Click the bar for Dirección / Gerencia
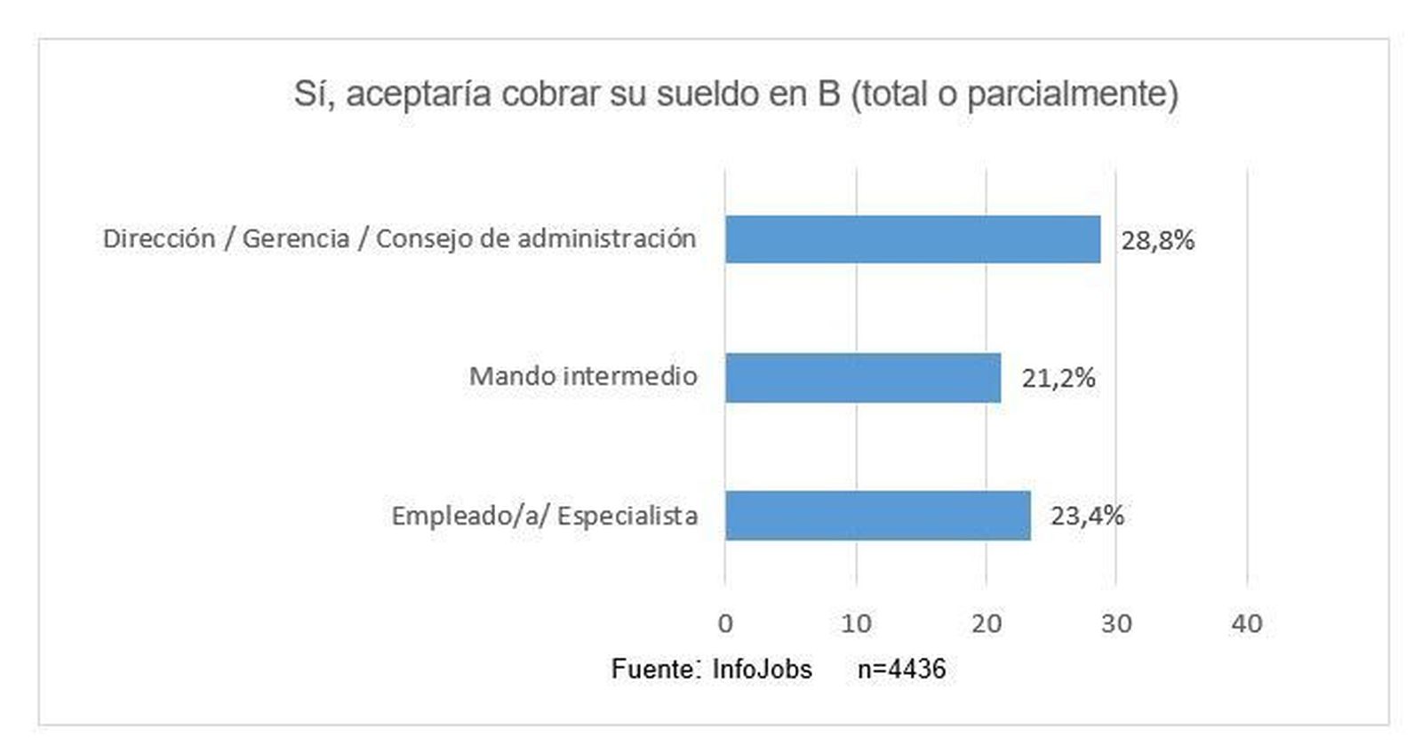(x=912, y=239)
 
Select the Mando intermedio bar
(x=862, y=378)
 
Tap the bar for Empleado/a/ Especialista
(x=877, y=516)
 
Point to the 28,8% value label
(x=1157, y=240)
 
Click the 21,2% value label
(x=1058, y=379)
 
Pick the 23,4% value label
(x=1087, y=516)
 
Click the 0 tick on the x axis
(x=725, y=623)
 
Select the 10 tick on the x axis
(x=856, y=623)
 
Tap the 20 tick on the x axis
(x=987, y=623)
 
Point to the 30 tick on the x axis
(x=1116, y=623)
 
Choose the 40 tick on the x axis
(x=1247, y=623)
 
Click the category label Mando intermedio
(x=583, y=376)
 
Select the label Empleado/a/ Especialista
(x=544, y=516)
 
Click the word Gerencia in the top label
(x=296, y=239)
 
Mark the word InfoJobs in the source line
(x=762, y=669)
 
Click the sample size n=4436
(x=901, y=669)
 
